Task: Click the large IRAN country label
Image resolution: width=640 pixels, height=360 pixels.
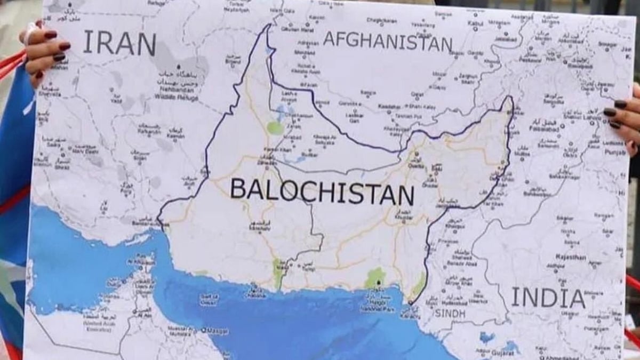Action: coord(119,43)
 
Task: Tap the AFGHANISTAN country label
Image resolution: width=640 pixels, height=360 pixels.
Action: coord(388,41)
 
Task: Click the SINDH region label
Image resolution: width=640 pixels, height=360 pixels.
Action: coord(450,313)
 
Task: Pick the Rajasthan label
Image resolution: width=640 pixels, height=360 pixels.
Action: coord(571,257)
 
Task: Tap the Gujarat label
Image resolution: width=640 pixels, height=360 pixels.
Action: coord(503,353)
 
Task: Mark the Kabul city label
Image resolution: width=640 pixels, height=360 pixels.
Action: coord(475,23)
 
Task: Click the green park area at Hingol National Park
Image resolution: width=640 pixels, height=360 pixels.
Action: coord(375,278)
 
